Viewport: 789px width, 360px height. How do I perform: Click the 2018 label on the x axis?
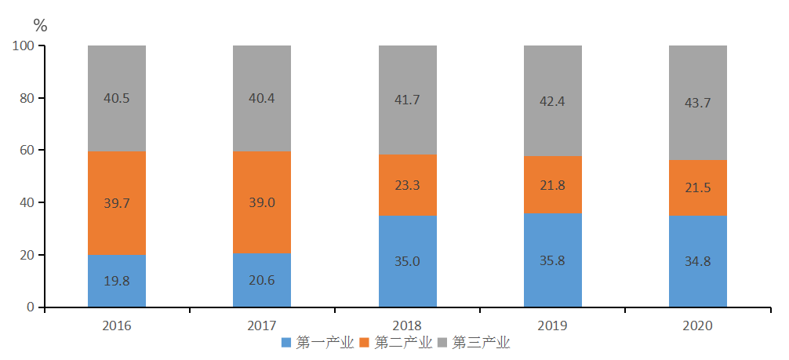click(x=407, y=325)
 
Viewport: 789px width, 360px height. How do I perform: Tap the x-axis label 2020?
click(x=698, y=325)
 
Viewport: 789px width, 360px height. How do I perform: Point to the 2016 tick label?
click(x=117, y=325)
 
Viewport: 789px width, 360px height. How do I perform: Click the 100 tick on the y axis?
click(x=24, y=46)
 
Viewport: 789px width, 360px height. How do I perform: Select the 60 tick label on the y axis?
click(x=27, y=151)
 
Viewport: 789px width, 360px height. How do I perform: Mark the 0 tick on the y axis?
click(x=31, y=307)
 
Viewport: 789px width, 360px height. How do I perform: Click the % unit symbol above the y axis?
click(x=40, y=26)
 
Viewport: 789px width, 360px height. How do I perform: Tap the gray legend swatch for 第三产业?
click(x=442, y=343)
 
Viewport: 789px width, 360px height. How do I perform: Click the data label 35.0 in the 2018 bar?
click(x=407, y=262)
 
